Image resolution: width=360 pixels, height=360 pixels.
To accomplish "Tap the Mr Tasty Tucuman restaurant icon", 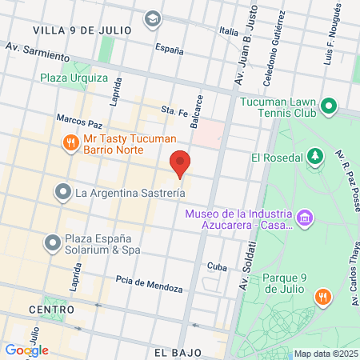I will [70, 142].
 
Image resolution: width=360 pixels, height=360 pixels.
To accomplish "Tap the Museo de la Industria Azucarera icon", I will [303, 218].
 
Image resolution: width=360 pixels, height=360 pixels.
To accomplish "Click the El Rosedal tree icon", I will [315, 156].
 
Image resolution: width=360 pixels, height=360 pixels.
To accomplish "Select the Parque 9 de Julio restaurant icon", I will [323, 297].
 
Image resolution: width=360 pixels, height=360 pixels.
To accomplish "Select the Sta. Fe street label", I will [173, 109].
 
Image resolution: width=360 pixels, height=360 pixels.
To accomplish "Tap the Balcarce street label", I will [198, 109].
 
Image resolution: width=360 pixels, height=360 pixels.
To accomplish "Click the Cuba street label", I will [217, 266].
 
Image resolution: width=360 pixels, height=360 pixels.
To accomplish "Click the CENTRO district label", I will [51, 308].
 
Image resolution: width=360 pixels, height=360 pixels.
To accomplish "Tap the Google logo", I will [26, 350].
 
